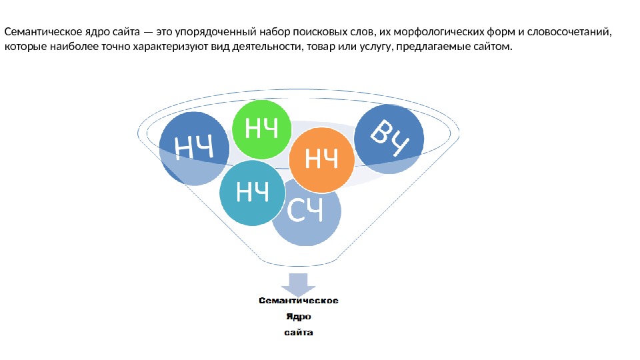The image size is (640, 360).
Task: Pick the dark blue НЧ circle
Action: pos(193,147)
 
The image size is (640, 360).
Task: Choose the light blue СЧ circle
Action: pos(307,212)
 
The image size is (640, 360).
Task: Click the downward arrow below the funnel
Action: pos(298,283)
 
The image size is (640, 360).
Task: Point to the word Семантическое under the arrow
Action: pos(299,301)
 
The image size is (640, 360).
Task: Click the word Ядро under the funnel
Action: pos(299,317)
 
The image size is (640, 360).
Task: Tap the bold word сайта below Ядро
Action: pos(299,332)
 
